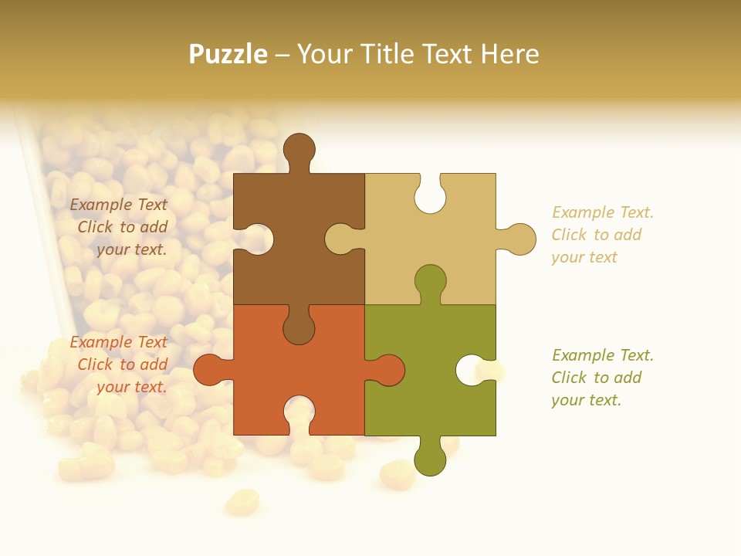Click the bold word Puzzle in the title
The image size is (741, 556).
point(228,54)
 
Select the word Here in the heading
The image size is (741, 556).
point(509,54)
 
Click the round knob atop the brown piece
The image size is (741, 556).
point(299,148)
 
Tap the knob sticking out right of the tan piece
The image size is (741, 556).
point(519,239)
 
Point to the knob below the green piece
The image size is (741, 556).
point(430,459)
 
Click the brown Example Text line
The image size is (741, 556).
point(119,205)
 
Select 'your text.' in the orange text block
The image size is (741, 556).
point(131,387)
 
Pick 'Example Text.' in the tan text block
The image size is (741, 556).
point(603,212)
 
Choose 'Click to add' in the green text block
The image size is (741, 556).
point(597,378)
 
